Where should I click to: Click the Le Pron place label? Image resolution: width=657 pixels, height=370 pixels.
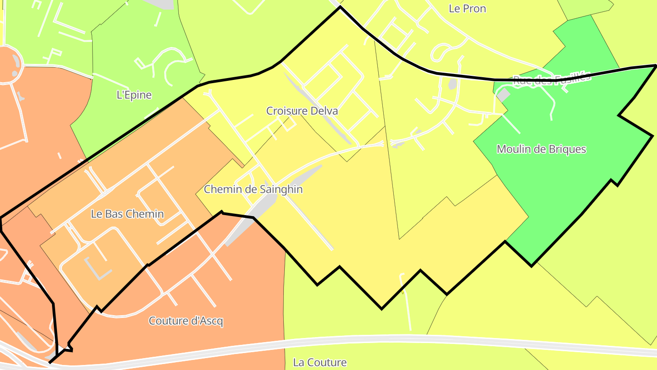click(x=467, y=9)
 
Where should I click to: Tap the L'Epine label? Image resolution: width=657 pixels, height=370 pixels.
click(x=134, y=95)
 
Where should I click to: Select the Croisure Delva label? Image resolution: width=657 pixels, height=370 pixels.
click(x=302, y=111)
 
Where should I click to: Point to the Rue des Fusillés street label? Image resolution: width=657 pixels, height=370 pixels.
click(x=552, y=78)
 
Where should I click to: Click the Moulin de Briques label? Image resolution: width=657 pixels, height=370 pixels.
click(x=541, y=149)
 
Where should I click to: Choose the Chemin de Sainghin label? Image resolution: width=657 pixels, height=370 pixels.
click(x=253, y=189)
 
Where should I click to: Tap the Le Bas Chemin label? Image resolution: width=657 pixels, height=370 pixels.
click(x=127, y=214)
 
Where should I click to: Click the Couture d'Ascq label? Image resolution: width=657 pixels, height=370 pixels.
click(x=186, y=321)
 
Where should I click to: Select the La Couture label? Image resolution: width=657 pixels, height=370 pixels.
click(x=319, y=363)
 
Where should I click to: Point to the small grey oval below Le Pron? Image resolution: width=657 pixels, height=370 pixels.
click(x=452, y=84)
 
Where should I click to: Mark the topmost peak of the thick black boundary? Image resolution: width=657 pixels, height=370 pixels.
click(x=340, y=7)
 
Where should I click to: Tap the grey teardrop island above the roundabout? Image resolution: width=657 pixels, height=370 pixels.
click(x=16, y=61)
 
